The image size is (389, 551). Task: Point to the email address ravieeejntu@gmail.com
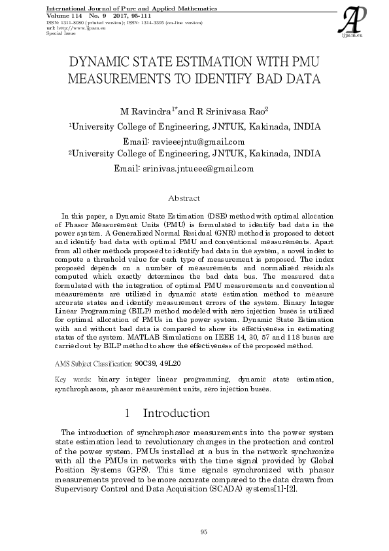coord(198,141)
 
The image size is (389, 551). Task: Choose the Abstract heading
coord(184,198)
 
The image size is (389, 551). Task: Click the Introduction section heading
coord(176,414)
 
